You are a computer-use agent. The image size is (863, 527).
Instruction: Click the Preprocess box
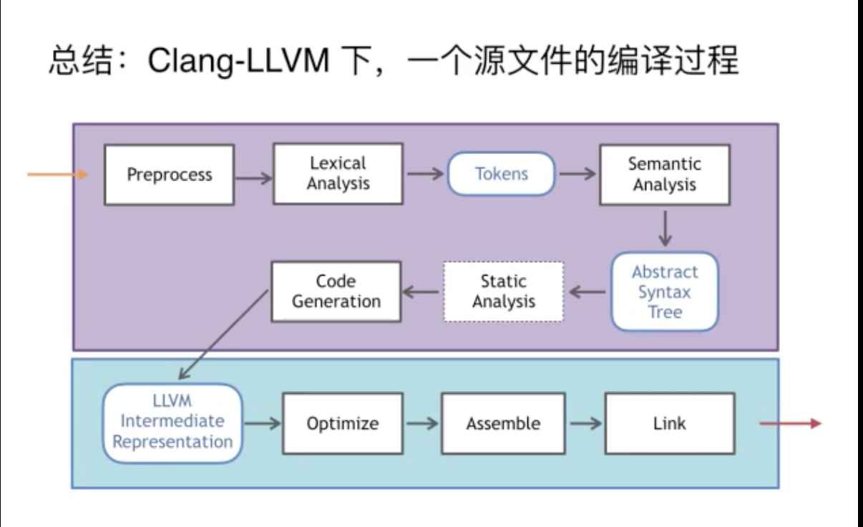169,175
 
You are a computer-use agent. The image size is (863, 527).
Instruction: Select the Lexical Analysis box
338,173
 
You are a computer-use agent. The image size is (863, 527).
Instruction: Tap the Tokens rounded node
501,174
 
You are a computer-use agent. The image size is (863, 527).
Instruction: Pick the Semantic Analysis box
665,175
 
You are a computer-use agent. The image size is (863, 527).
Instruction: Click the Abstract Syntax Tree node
665,291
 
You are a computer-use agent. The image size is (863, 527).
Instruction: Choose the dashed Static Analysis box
503,291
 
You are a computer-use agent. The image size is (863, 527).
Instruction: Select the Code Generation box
336,291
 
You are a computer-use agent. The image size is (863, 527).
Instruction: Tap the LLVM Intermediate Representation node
172,423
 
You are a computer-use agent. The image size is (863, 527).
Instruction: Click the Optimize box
343,423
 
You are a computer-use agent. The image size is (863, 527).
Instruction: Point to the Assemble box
503,423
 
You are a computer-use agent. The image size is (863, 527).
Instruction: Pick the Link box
670,423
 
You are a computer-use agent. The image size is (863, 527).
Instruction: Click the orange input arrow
57,175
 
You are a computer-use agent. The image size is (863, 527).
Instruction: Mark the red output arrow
790,423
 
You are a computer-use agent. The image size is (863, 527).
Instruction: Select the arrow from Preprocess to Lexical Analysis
254,178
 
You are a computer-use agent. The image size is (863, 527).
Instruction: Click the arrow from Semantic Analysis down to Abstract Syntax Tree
665,228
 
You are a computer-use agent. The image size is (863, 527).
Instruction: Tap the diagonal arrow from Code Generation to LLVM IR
223,334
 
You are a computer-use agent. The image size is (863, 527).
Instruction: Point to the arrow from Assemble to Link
585,423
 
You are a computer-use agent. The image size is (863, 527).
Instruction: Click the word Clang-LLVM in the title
238,61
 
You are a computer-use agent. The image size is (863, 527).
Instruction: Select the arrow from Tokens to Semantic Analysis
577,174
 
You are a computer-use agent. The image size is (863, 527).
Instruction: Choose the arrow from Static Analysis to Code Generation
421,292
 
